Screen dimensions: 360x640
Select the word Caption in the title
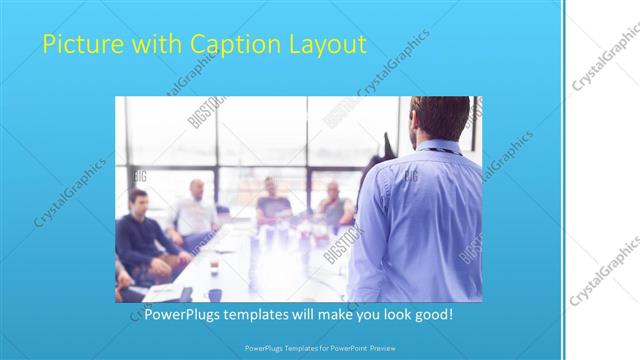pyautogui.click(x=220, y=44)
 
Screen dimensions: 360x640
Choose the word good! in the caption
pyautogui.click(x=431, y=315)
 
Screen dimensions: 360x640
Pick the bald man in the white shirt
pyautogui.click(x=195, y=210)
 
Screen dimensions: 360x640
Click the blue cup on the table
pyautogui.click(x=214, y=294)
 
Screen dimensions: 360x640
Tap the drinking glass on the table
pyautogui.click(x=214, y=265)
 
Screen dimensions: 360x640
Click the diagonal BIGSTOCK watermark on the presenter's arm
pyautogui.click(x=470, y=246)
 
